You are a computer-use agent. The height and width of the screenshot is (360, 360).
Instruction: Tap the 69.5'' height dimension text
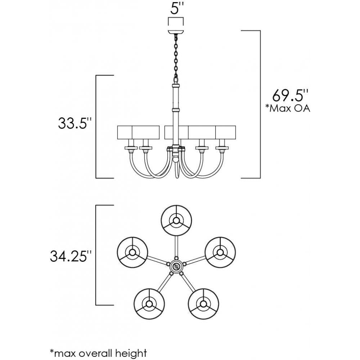pyautogui.click(x=290, y=96)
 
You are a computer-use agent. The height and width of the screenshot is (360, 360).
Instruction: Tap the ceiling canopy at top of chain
pyautogui.click(x=175, y=31)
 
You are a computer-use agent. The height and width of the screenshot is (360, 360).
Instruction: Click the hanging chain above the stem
pyautogui.click(x=176, y=58)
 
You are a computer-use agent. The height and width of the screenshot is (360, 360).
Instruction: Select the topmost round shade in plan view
pyautogui.click(x=176, y=220)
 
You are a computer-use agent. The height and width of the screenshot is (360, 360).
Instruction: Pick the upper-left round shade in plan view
pyautogui.click(x=132, y=252)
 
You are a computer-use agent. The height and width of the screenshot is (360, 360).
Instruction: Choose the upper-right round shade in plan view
pyautogui.click(x=220, y=252)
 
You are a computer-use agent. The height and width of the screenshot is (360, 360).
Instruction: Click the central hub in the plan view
pyautogui.click(x=176, y=267)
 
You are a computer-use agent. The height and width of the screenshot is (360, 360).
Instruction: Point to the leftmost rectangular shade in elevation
pyautogui.click(x=125, y=132)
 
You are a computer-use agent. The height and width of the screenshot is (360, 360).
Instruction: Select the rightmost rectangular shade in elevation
pyautogui.click(x=225, y=132)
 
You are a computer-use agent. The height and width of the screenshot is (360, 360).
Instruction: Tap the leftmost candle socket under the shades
pyautogui.click(x=130, y=147)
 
